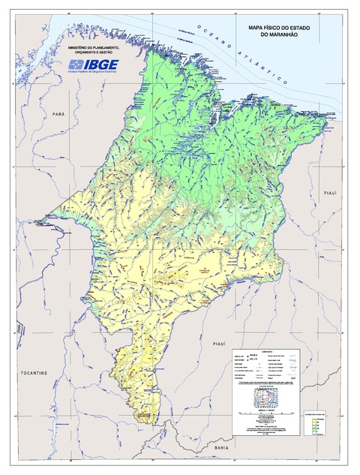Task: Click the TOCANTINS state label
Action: click(x=34, y=373)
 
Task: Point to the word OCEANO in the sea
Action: click(x=212, y=33)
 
